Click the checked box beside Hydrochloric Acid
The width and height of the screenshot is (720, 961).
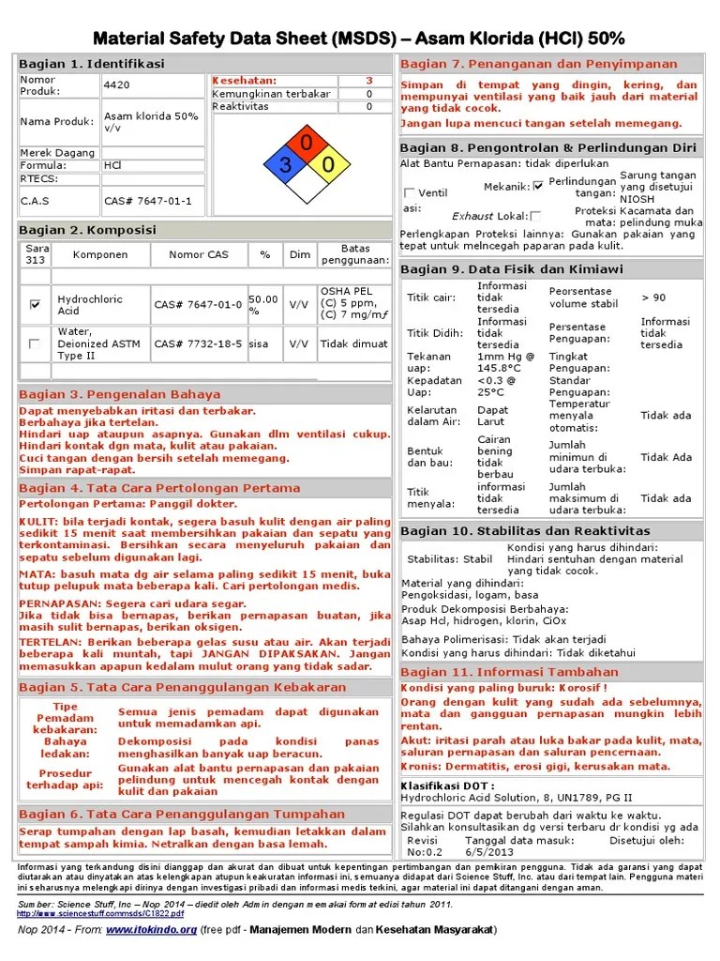click(x=36, y=304)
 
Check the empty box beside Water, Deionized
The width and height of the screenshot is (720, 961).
click(x=36, y=343)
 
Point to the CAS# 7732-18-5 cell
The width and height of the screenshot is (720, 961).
click(x=198, y=343)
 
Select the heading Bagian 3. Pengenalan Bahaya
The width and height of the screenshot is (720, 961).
click(x=119, y=394)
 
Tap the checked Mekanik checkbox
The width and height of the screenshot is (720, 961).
click(x=538, y=186)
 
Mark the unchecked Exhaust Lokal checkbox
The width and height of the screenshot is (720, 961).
click(x=535, y=216)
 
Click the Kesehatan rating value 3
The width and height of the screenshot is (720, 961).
click(x=368, y=81)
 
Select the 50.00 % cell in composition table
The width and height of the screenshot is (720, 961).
click(x=263, y=304)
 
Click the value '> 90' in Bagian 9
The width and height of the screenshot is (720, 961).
click(x=653, y=297)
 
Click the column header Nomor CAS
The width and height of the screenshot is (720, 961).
click(x=198, y=254)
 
